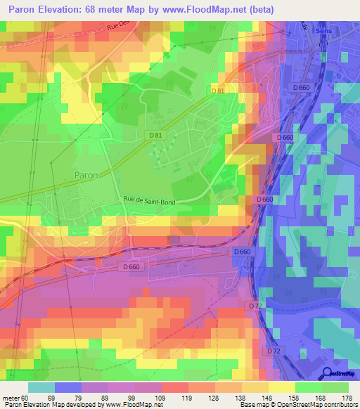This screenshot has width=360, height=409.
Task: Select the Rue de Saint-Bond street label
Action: (150, 201)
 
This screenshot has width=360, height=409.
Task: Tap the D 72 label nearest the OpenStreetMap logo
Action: (274, 350)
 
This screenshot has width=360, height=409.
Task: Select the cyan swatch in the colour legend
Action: (41, 387)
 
